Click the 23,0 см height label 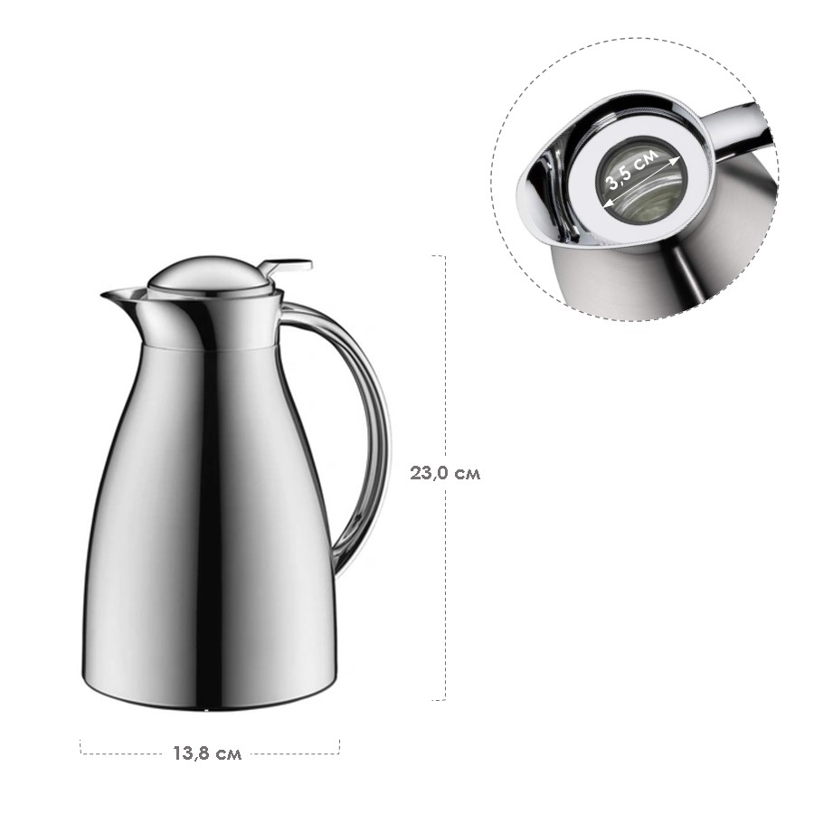(445, 473)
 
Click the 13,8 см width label (207, 753)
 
